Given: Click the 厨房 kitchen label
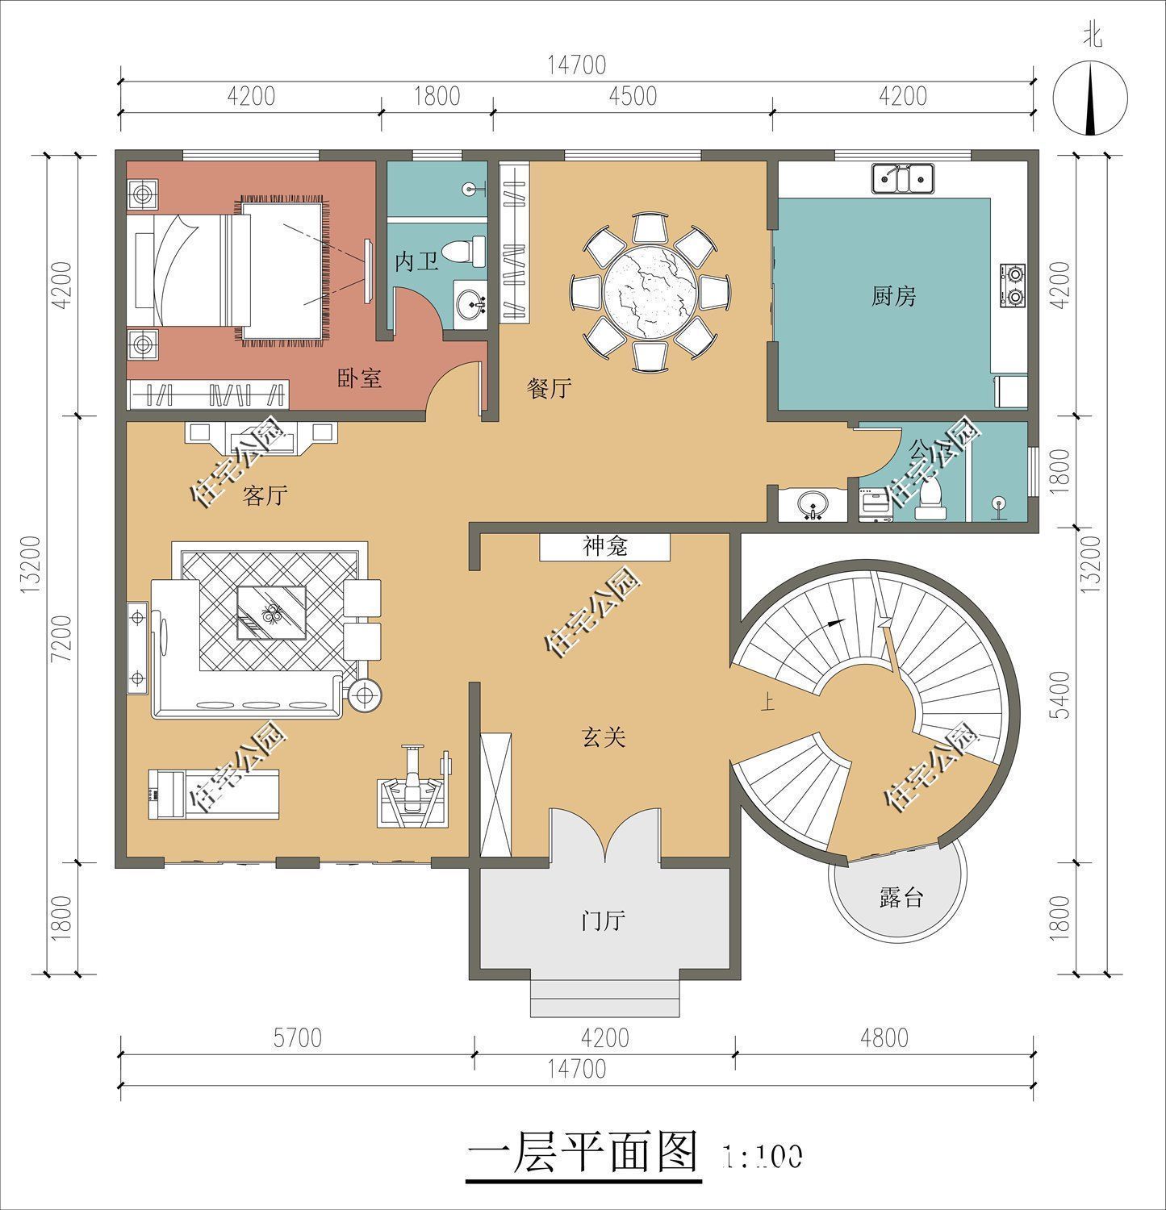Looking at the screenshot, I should (893, 297).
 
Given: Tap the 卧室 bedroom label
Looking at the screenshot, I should (359, 378).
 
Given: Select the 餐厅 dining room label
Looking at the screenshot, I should (549, 390).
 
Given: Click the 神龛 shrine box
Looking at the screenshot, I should (605, 548).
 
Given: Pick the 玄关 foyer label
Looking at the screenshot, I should (604, 736).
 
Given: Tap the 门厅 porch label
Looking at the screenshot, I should (604, 920).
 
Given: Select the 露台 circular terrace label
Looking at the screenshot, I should (901, 897).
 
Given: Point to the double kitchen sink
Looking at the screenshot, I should (902, 178).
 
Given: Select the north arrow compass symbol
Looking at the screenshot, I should (1090, 98).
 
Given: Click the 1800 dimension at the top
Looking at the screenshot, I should (437, 96).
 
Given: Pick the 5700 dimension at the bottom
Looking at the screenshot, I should (297, 1037).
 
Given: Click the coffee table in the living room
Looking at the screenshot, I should (271, 612).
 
